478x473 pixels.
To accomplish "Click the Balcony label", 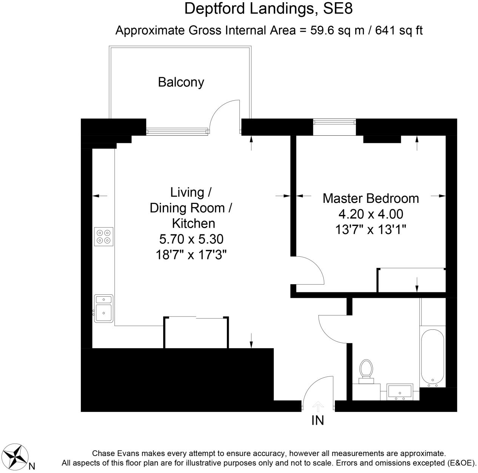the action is pyautogui.click(x=181, y=82).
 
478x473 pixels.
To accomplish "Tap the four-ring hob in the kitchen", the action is pyautogui.click(x=103, y=237).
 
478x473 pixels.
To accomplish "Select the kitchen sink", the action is pyautogui.click(x=103, y=308).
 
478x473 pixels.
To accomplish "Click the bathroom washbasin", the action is pyautogui.click(x=400, y=392).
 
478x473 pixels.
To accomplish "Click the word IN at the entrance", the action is pyautogui.click(x=318, y=420).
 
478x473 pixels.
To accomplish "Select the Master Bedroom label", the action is pyautogui.click(x=370, y=198).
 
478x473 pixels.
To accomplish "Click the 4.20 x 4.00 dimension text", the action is pyautogui.click(x=370, y=214).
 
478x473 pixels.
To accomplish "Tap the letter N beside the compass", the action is pyautogui.click(x=32, y=466).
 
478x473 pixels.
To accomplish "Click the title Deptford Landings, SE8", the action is pyautogui.click(x=268, y=9).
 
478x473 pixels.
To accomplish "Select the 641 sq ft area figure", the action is pyautogui.click(x=399, y=30).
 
